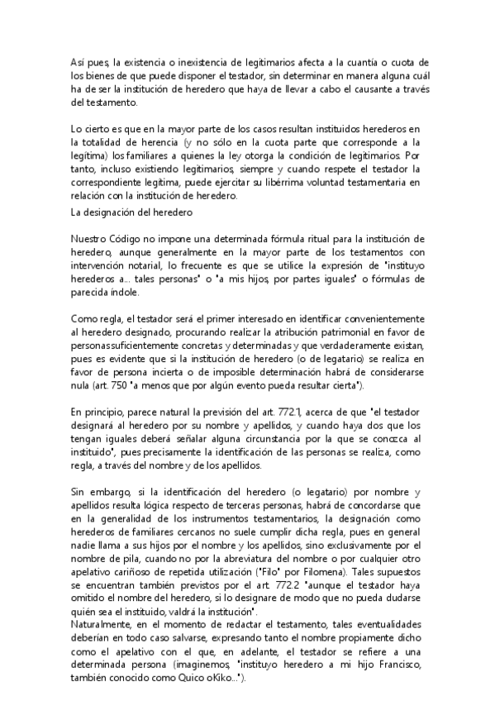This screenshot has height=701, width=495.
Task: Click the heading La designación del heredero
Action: pos(132,212)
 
